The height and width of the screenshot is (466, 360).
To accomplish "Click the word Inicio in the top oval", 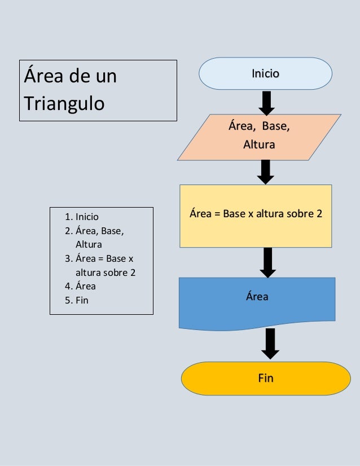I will pyautogui.click(x=265, y=73).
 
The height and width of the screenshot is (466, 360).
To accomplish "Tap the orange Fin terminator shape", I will pyautogui.click(x=265, y=378).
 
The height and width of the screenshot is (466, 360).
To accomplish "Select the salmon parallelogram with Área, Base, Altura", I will pyautogui.click(x=259, y=137).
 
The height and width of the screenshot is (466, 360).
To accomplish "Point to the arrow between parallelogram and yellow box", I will pyautogui.click(x=266, y=172).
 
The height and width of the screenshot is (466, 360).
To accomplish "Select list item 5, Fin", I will pyautogui.click(x=82, y=300).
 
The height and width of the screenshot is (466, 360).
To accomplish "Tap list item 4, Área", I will pyautogui.click(x=85, y=286).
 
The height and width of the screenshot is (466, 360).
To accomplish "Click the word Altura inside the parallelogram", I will pyautogui.click(x=258, y=145).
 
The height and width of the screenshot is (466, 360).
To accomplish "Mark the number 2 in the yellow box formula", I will pyautogui.click(x=319, y=214).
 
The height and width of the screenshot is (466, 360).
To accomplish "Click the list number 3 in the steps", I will pyautogui.click(x=67, y=259).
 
